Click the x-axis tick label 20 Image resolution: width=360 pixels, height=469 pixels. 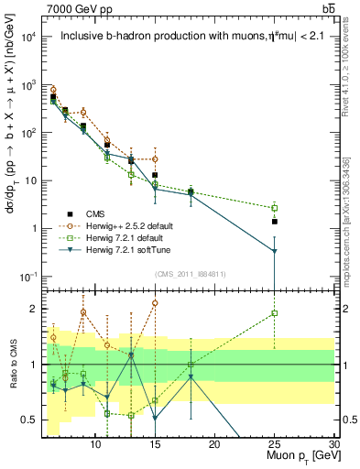click(x=213, y=443)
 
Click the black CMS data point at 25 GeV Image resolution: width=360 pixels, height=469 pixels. click(x=274, y=221)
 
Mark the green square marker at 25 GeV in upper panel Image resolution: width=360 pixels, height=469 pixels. click(x=274, y=208)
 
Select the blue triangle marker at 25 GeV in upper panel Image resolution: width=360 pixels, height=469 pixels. click(x=274, y=251)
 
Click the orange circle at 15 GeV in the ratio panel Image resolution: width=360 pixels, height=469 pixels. click(x=155, y=302)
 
